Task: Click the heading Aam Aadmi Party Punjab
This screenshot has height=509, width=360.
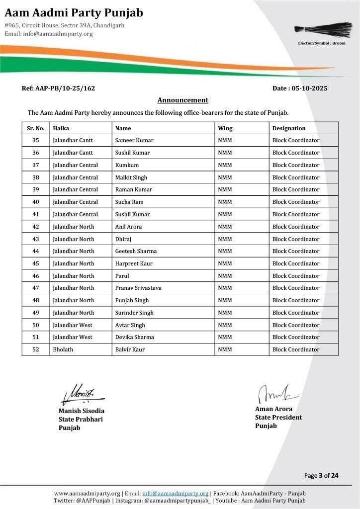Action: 74,12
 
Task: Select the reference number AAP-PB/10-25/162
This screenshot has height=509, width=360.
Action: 58,88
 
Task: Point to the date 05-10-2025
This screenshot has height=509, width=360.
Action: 300,88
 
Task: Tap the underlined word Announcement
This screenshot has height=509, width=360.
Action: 183,100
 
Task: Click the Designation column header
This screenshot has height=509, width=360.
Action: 289,128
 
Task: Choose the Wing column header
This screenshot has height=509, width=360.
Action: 225,128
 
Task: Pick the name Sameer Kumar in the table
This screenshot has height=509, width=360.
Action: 134,140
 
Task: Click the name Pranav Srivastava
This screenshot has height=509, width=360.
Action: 138,288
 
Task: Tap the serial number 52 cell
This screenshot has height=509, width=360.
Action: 36,349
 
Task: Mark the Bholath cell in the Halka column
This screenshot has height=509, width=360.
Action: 63,349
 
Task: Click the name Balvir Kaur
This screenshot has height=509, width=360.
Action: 130,349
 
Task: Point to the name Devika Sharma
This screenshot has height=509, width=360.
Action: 134,337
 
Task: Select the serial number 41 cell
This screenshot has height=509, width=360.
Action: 36,214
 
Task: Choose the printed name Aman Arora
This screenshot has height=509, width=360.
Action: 274,409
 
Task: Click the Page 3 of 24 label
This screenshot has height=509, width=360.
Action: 321,476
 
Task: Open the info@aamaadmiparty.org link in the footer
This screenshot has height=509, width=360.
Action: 175,493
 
